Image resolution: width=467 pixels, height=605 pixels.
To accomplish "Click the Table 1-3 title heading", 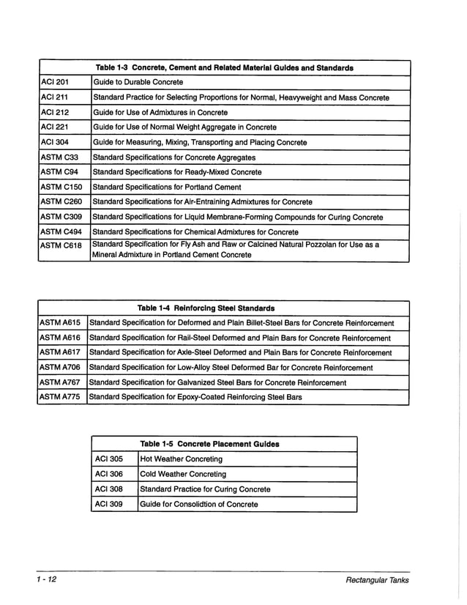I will pos(225,67).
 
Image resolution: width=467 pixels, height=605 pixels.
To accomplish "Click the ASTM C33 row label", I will pos(59,157).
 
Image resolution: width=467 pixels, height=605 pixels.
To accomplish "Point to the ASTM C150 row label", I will pos(61,187).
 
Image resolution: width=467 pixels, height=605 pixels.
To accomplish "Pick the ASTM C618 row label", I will pos(61,245).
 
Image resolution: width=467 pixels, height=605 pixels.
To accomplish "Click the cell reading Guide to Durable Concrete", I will pos(138,82).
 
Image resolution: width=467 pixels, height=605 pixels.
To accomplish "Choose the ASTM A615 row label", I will pos(59,322).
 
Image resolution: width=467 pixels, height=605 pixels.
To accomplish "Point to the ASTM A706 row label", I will pos(59,367).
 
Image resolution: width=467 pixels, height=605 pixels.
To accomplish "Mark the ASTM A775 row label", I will pos(59,397).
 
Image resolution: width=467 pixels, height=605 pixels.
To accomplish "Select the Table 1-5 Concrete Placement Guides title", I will pos(209,444).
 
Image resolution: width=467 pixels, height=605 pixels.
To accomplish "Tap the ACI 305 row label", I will pos(109,459).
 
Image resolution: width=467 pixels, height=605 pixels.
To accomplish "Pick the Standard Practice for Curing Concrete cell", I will pos(205,489).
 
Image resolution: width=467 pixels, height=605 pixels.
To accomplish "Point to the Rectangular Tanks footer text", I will pos(378,581).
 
